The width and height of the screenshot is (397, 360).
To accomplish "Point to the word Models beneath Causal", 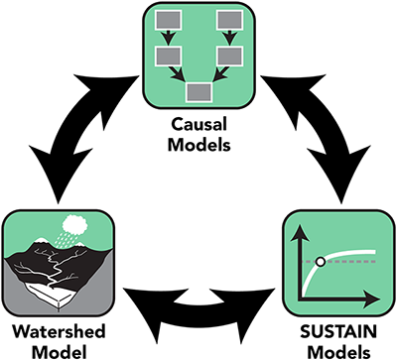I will tap(198, 145).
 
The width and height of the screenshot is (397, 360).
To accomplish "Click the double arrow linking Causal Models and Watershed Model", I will tap(83, 129).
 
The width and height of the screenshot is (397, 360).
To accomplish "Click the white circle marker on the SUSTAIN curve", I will tap(320, 262).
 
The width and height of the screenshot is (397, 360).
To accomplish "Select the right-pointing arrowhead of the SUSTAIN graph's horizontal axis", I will tap(377, 297).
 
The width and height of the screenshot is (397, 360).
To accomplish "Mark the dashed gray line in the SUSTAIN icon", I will tap(352, 262).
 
